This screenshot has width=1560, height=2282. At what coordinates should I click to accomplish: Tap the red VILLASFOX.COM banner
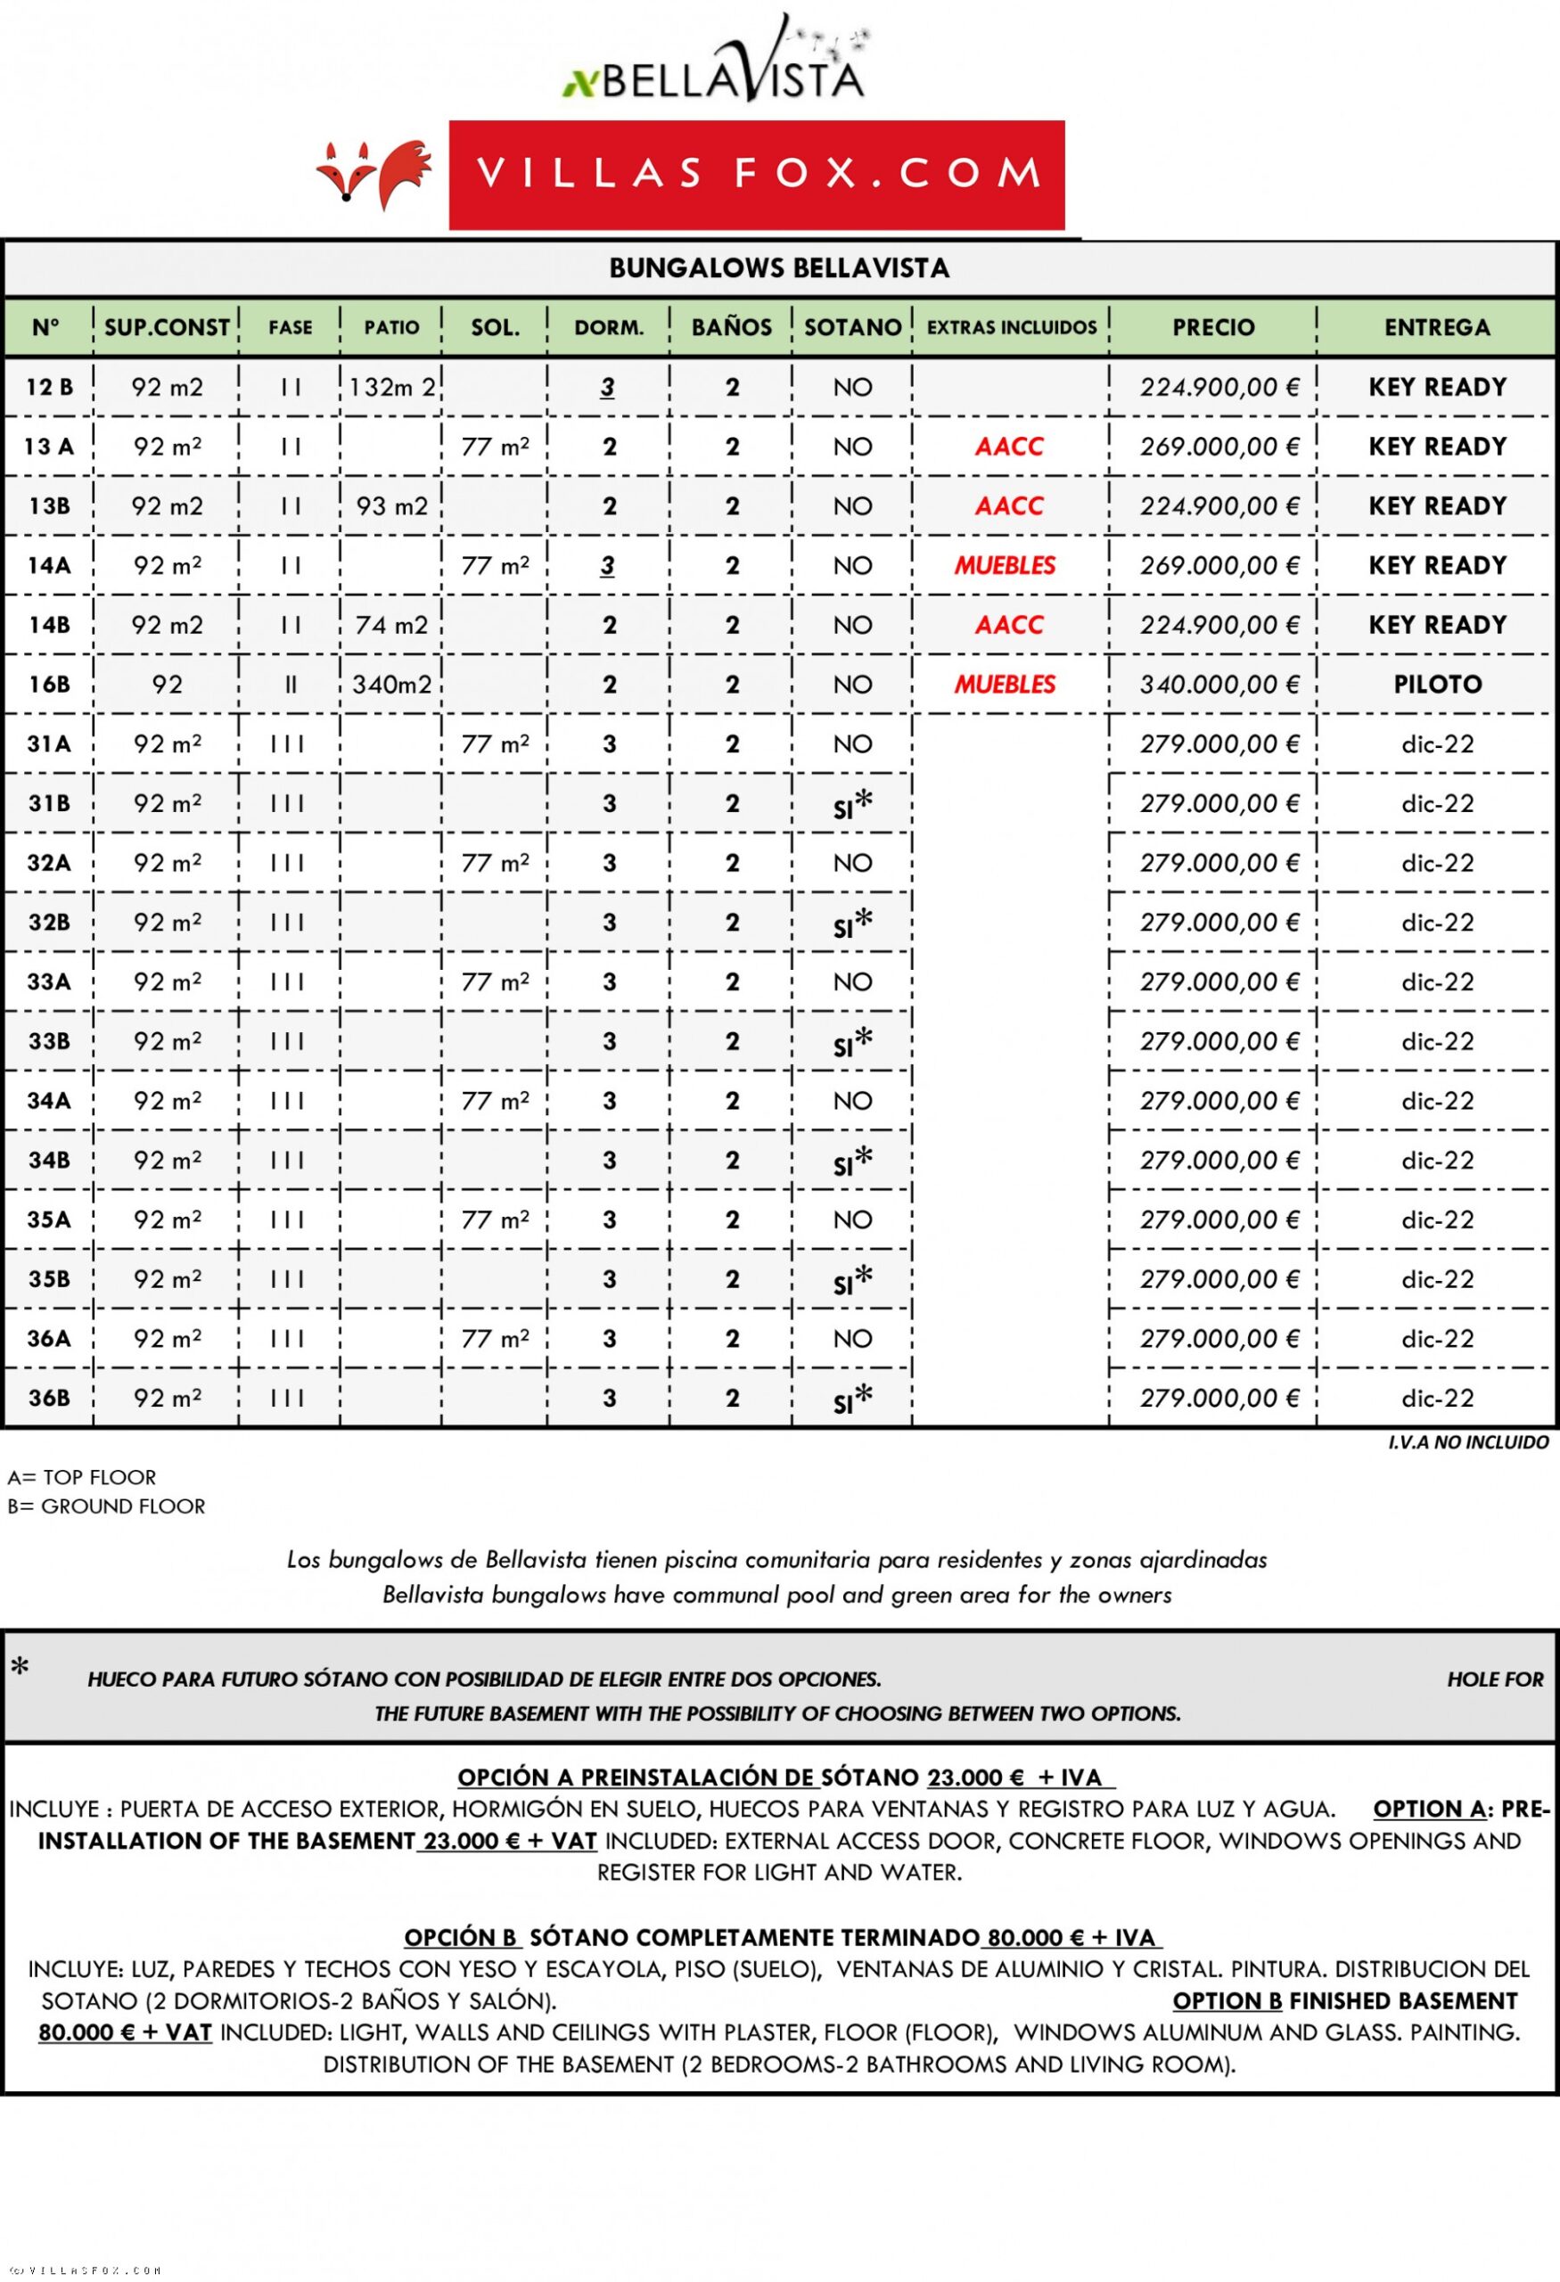[756, 175]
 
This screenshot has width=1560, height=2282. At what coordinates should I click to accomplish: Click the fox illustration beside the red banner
[374, 175]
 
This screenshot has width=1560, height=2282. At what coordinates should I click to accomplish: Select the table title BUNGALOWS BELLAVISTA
[778, 268]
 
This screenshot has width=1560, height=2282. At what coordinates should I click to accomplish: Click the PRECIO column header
[1212, 328]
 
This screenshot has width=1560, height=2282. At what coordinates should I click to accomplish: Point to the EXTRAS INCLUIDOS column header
[1011, 328]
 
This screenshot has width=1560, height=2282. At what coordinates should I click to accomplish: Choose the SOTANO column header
[852, 328]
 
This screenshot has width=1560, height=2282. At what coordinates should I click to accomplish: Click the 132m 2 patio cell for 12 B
[391, 388]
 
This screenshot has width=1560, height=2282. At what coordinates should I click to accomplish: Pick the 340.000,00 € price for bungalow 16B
[1219, 685]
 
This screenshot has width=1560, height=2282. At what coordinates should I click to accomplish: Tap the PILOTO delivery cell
[1436, 685]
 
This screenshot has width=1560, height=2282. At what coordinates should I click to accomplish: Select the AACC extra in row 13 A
[1008, 447]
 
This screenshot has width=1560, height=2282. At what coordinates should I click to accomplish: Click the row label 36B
[49, 1399]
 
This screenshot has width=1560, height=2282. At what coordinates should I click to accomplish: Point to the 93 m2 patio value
[391, 506]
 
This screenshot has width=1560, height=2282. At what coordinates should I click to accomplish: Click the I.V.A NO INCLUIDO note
[1466, 1442]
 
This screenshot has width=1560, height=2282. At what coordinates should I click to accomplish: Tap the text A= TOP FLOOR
[81, 1478]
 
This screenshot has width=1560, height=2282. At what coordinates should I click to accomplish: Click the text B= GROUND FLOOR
[106, 1506]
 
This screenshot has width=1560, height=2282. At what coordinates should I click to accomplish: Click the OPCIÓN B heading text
[461, 1937]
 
